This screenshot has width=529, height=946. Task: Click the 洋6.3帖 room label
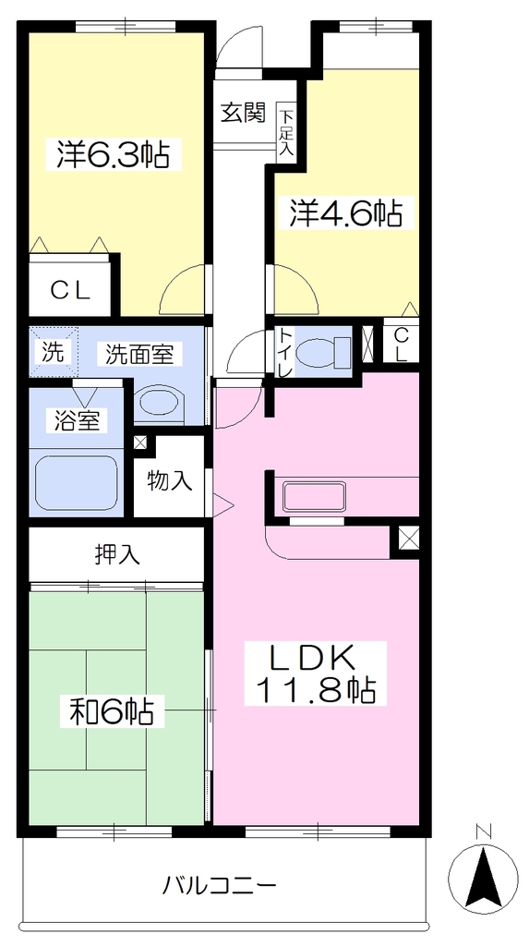(x=113, y=154)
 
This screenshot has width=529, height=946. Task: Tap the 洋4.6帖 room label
(x=345, y=212)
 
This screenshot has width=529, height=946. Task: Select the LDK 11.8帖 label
(x=315, y=673)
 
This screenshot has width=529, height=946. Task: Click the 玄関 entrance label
(x=243, y=113)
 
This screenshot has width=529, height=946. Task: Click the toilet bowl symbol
(x=324, y=353)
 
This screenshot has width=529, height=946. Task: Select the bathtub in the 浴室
(x=76, y=483)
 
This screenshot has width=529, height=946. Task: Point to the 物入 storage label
(x=170, y=480)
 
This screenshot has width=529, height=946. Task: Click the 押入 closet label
(x=117, y=554)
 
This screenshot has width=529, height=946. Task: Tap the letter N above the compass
(x=483, y=831)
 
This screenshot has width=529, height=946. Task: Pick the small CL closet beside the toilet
(x=401, y=345)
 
